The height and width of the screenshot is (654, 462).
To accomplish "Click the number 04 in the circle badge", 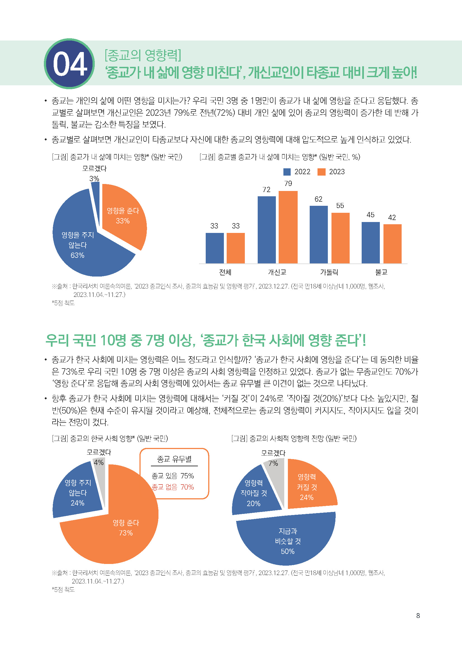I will (x=70, y=64).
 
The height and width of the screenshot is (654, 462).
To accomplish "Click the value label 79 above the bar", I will (x=288, y=183).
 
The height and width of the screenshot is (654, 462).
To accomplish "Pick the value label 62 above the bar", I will (x=318, y=199).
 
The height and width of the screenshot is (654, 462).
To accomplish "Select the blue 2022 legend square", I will (x=287, y=172).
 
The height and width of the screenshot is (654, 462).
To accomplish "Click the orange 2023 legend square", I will (x=321, y=172).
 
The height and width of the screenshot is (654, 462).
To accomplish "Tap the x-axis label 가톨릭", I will (x=329, y=272).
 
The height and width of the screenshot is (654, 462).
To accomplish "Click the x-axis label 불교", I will (x=381, y=272).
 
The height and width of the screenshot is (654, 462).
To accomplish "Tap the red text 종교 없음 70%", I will (x=172, y=487).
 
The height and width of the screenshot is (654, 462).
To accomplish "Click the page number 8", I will (x=418, y=615).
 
